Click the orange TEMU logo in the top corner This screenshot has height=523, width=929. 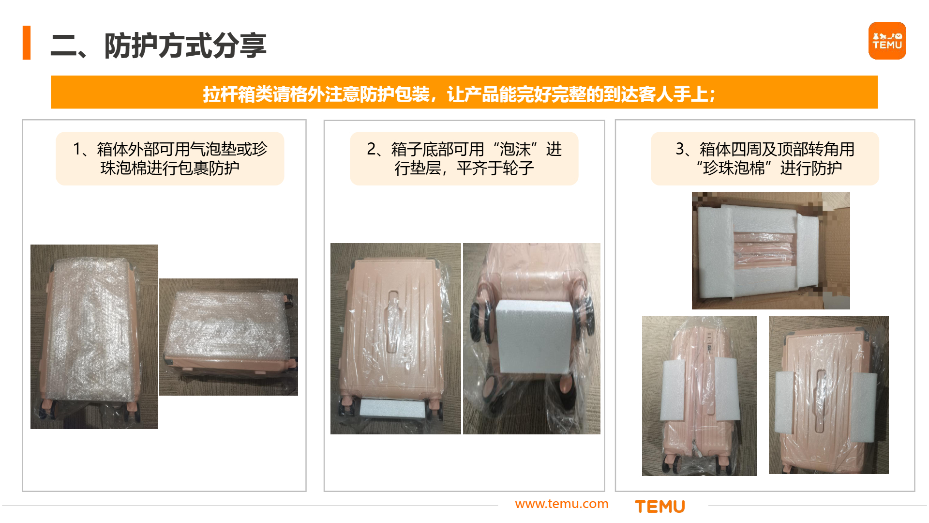click(887, 41)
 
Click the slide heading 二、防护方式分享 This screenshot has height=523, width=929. click(159, 46)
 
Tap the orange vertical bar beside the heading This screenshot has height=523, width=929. click(27, 43)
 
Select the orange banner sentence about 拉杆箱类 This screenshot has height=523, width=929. click(459, 93)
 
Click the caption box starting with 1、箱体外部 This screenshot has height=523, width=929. click(170, 158)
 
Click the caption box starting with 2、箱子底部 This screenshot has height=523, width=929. click(464, 158)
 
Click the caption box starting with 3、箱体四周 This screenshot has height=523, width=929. click(764, 158)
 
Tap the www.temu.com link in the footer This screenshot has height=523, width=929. click(561, 504)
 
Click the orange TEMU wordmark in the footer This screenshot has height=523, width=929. click(659, 507)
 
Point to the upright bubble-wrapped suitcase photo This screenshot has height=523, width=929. click(94, 337)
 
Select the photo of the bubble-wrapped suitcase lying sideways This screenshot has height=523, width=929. click(228, 337)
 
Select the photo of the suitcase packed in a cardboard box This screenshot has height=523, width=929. click(770, 250)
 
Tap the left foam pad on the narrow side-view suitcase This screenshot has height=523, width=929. click(673, 390)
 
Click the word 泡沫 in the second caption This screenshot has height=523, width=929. click(515, 149)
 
